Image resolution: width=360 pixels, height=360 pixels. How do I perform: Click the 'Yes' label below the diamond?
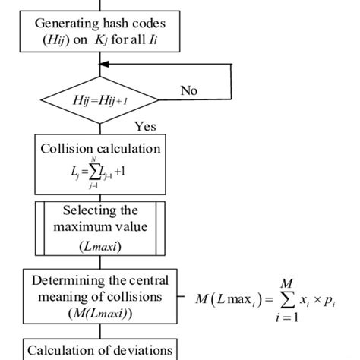pyautogui.click(x=144, y=125)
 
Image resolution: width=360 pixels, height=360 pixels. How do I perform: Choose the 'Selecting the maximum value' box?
pyautogui.click(x=99, y=228)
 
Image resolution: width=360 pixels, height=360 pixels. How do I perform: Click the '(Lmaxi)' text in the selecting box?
pyautogui.click(x=99, y=247)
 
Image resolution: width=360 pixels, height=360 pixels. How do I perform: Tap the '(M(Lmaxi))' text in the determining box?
pyautogui.click(x=99, y=312)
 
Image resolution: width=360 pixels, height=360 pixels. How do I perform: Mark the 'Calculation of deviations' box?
pyautogui.click(x=99, y=351)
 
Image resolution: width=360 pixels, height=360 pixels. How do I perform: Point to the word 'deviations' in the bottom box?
pyautogui.click(x=141, y=351)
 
